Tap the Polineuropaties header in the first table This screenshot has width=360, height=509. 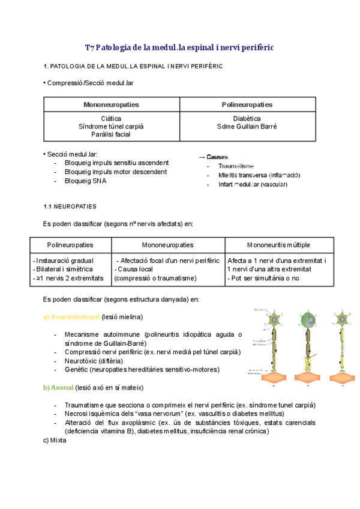click(247, 104)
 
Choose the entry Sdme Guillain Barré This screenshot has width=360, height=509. click(247, 127)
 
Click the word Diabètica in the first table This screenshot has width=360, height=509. click(247, 119)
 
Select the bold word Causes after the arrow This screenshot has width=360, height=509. click(217, 157)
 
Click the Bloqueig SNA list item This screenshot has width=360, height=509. click(85, 181)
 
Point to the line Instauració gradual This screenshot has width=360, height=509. click(64, 261)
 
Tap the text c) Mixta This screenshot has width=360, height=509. click(55, 440)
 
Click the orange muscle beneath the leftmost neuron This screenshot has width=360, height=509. click(274, 379)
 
